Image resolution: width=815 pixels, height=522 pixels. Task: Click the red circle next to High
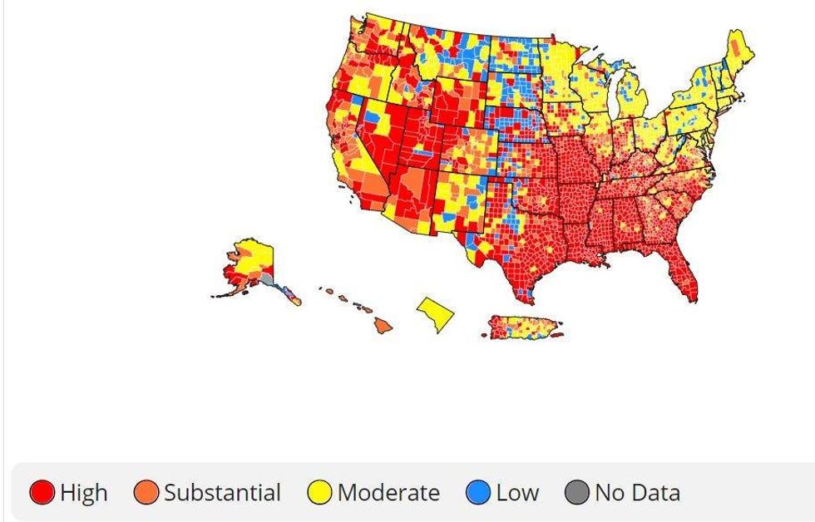pyautogui.click(x=42, y=493)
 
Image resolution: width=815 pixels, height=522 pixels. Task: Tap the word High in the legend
pyautogui.click(x=83, y=493)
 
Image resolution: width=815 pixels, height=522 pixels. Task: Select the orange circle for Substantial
pyautogui.click(x=146, y=493)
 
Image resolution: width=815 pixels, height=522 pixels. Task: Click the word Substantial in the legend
pyautogui.click(x=222, y=493)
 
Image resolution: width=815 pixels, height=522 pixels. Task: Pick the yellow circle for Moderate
pyautogui.click(x=320, y=493)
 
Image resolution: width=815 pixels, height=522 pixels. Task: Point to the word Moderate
pyautogui.click(x=388, y=493)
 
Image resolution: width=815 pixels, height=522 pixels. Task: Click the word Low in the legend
pyautogui.click(x=516, y=493)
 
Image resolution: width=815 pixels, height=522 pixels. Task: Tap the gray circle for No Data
pyautogui.click(x=577, y=493)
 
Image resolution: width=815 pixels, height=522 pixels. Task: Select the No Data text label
pyautogui.click(x=637, y=493)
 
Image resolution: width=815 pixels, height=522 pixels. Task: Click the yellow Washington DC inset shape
pyautogui.click(x=437, y=313)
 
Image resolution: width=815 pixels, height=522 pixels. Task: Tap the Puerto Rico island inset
pyautogui.click(x=521, y=326)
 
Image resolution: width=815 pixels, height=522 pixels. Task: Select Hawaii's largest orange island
pyautogui.click(x=383, y=325)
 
